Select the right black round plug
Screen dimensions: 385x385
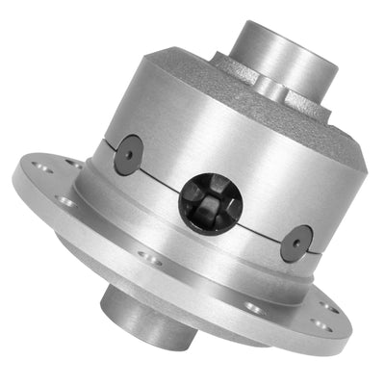(x=297, y=244)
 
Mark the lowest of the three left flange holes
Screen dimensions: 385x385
(x=66, y=201)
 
